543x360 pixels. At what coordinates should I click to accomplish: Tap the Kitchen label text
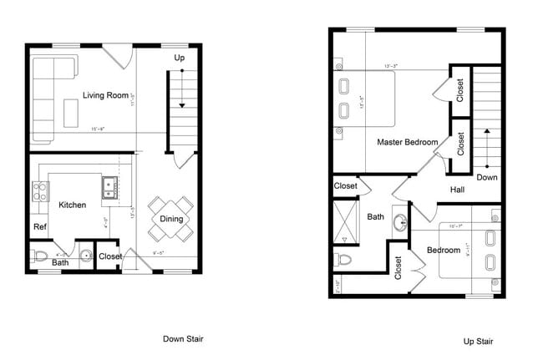tap(72, 205)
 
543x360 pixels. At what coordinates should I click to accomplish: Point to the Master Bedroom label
tap(408, 142)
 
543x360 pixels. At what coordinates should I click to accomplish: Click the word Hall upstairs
tap(458, 190)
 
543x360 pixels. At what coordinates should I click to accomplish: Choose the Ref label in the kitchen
tap(39, 226)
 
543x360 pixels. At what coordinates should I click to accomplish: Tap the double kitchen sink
tap(109, 188)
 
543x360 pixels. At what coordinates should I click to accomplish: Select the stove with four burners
tap(39, 192)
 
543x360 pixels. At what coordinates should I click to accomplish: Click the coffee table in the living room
tap(72, 112)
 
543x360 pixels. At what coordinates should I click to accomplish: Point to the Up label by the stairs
tap(180, 58)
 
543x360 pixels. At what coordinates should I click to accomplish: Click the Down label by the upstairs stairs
tap(487, 177)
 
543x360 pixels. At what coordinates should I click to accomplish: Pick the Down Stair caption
tap(182, 338)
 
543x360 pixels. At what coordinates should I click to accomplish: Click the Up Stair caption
tap(478, 341)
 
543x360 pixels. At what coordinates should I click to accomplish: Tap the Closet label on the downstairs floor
tap(109, 256)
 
